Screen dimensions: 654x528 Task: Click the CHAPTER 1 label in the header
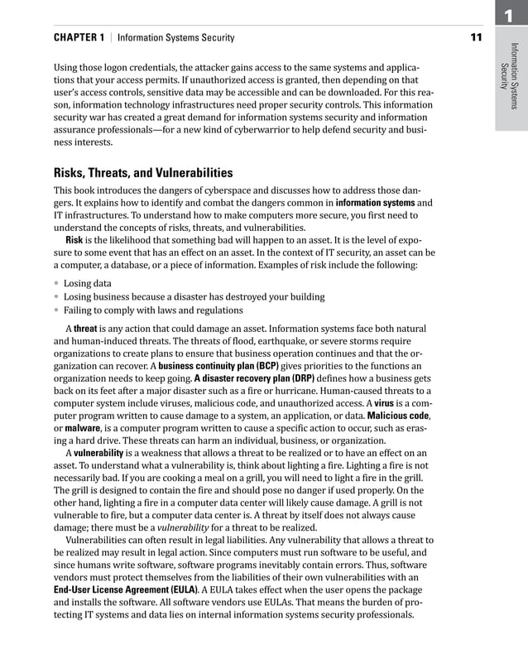[79, 37]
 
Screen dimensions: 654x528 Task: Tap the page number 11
[476, 37]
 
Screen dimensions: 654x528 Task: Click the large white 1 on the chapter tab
[511, 14]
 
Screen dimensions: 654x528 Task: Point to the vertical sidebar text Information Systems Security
[510, 79]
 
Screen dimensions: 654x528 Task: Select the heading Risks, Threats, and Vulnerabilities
[143, 173]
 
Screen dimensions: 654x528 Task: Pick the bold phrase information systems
[375, 202]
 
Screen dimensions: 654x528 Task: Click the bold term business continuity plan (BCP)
[218, 365]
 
